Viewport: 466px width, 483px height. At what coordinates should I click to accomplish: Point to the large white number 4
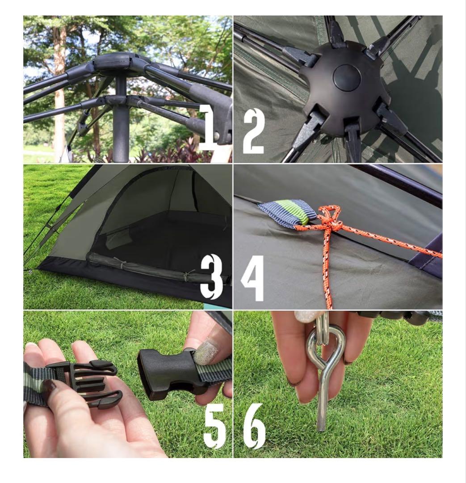point(252,278)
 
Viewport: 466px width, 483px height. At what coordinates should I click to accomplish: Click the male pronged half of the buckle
point(83,381)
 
